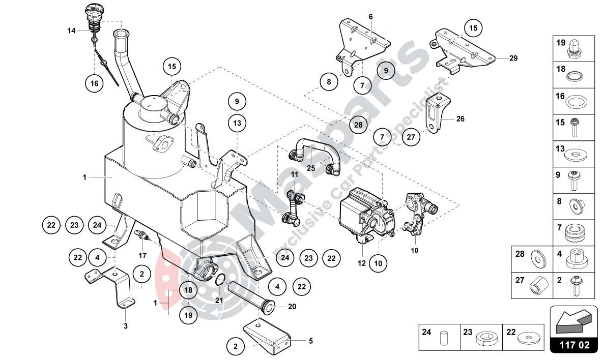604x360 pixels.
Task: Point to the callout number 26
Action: point(459,119)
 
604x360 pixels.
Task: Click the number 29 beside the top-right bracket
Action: point(513,58)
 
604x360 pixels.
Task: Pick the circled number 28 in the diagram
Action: point(358,125)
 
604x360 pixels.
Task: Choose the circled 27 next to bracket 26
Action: point(411,136)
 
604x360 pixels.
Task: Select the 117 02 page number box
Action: point(573,345)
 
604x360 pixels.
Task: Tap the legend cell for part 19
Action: point(573,49)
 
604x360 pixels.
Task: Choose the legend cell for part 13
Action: point(573,153)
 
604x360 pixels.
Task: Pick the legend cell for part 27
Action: point(532,286)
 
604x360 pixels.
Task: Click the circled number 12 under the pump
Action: point(362,263)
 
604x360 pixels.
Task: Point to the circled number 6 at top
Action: point(370,17)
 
